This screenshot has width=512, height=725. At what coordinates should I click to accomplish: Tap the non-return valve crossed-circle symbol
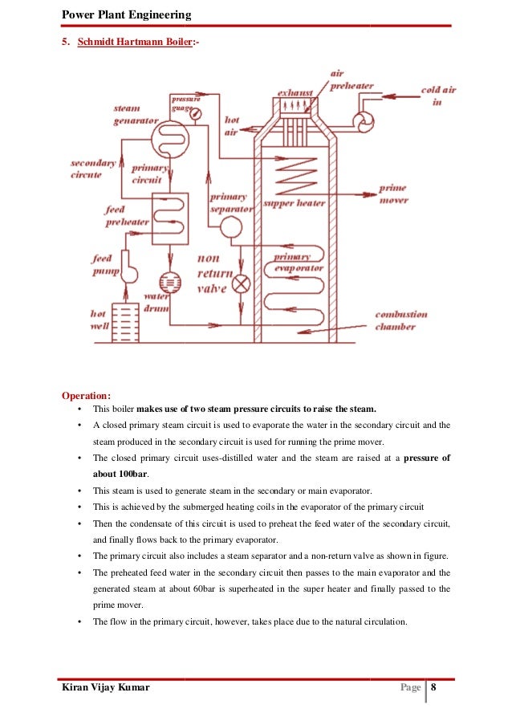coord(241,283)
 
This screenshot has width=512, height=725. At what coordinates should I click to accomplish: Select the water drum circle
coord(170,282)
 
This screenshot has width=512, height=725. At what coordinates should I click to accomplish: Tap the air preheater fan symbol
coord(363,120)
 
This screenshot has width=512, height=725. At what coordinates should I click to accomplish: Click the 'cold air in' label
coord(438,96)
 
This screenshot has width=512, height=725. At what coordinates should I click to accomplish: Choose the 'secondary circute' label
coord(93,169)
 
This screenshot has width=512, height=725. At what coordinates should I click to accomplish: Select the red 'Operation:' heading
coord(87,394)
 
